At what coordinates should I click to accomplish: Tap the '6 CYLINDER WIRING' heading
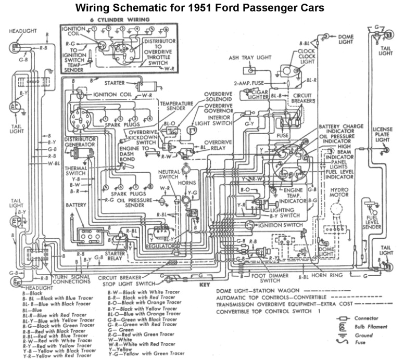click(x=119, y=20)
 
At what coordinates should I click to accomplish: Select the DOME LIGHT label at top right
click(x=346, y=39)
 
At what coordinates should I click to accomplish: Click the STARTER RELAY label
click(x=115, y=256)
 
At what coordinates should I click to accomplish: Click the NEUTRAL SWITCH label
click(x=169, y=174)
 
